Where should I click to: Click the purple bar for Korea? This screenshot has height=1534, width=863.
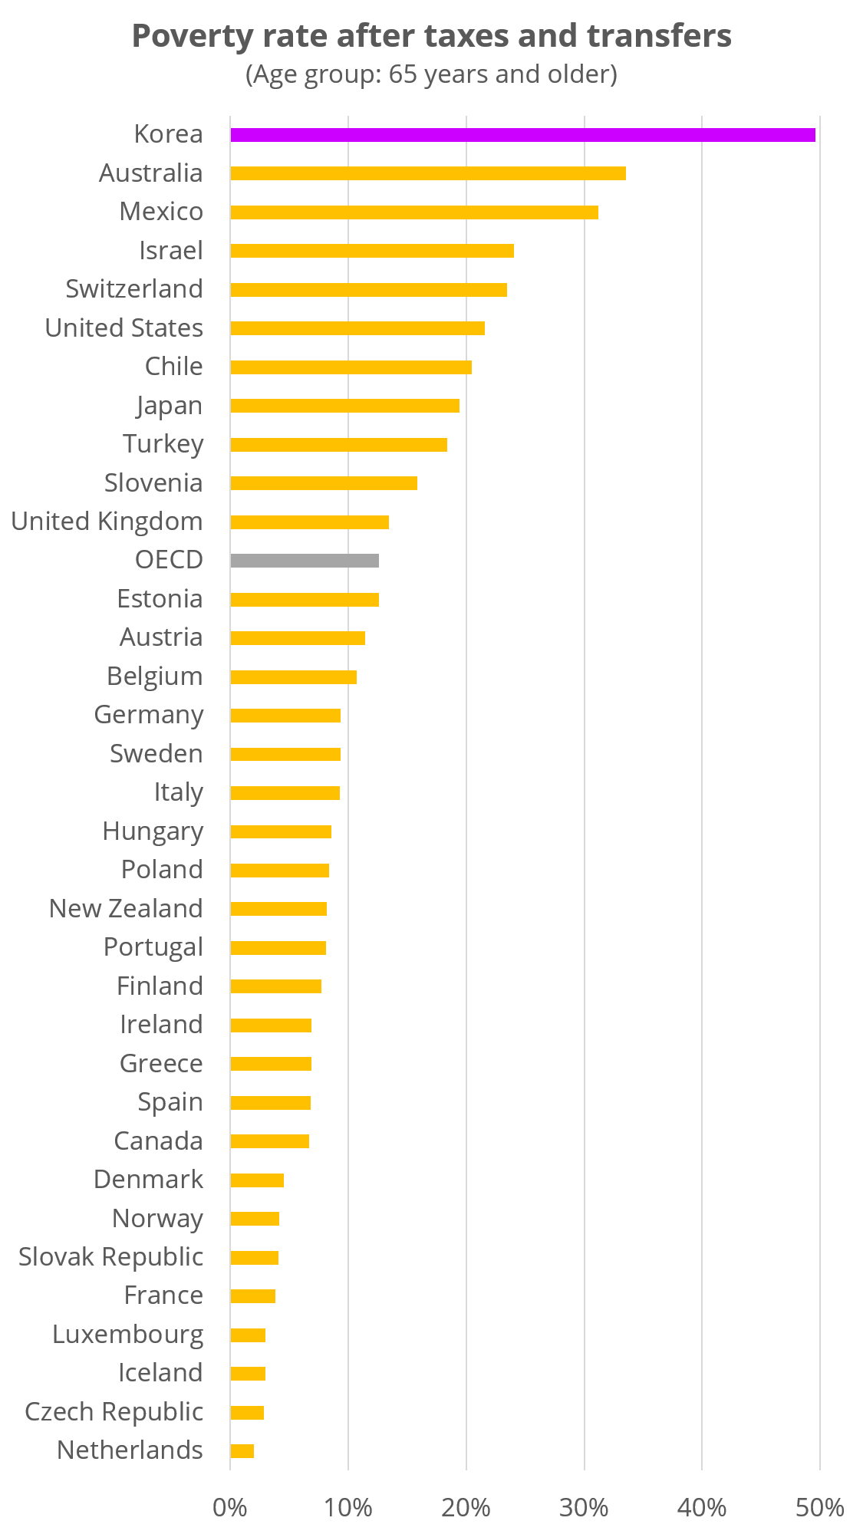pos(522,135)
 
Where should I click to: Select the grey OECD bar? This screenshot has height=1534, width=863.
pos(305,561)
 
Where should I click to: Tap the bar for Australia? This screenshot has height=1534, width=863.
pos(428,173)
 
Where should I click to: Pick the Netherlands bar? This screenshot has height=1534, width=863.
pos(242,1451)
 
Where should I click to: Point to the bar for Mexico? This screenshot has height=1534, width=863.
pos(414,212)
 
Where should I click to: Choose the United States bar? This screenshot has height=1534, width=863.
pos(357,328)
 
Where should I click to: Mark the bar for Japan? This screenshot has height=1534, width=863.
pos(344,406)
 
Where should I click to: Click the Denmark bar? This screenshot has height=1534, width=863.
pos(257,1180)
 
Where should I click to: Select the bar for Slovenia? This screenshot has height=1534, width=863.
pos(324,483)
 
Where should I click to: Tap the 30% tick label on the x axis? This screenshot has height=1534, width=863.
pos(584,1508)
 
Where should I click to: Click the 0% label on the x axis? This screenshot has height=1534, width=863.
pos(230,1508)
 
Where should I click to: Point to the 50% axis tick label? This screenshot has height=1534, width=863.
pos(819,1508)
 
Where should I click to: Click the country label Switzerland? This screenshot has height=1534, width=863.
pos(134,289)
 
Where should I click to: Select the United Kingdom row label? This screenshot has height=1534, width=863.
pos(107,522)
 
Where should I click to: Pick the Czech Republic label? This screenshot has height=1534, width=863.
pos(114,1412)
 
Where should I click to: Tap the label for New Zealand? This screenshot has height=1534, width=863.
pos(127,909)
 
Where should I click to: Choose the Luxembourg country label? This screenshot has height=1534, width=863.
pos(128,1335)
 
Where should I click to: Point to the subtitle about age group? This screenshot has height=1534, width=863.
pos(431,74)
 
